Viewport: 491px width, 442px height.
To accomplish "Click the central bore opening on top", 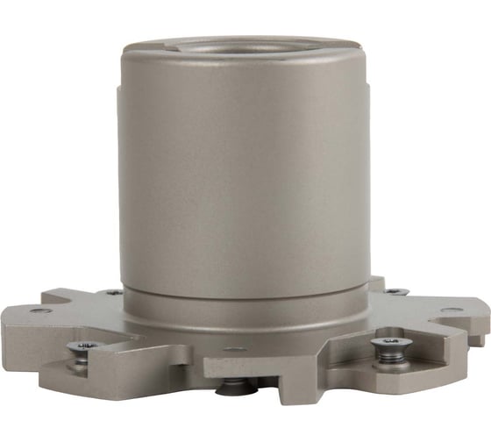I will [244, 46].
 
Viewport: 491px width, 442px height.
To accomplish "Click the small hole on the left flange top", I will [41, 310].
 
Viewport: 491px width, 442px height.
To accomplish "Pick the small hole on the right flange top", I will [449, 310].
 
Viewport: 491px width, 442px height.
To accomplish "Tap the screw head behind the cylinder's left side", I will [113, 292].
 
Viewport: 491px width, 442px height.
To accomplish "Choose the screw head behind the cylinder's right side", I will [396, 291].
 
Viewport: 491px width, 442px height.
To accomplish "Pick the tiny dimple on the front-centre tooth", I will [234, 349].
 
